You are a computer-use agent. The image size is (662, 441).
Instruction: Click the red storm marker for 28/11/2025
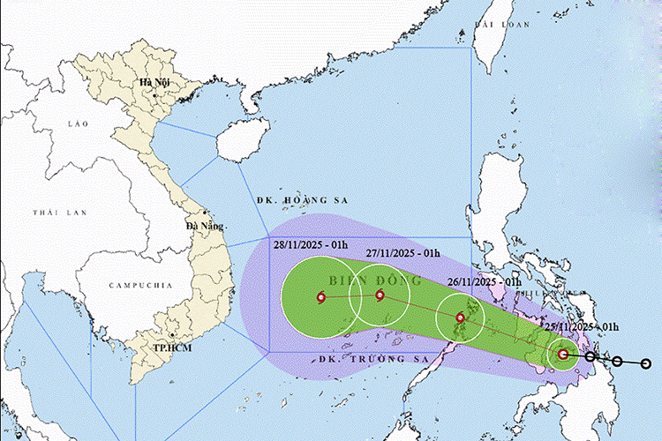(320, 297)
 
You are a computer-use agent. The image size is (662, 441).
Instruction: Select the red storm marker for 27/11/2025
(380, 295)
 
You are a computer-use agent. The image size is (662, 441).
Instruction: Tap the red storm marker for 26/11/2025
(460, 318)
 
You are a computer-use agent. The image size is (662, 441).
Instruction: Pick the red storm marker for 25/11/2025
(563, 355)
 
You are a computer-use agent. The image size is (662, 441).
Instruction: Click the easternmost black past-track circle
(646, 363)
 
